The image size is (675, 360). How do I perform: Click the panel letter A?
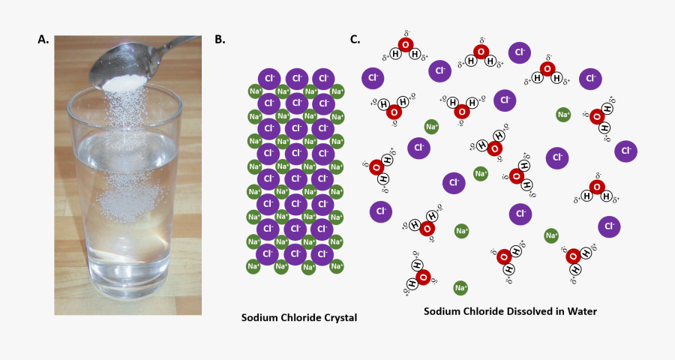click(x=43, y=40)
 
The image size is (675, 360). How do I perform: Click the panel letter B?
click(x=220, y=40)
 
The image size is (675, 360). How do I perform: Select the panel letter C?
click(x=355, y=39)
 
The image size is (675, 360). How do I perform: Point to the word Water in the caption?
click(x=582, y=311)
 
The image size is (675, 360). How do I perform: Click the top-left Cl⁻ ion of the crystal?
click(x=268, y=78)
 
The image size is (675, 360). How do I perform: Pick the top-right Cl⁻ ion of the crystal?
click(x=322, y=78)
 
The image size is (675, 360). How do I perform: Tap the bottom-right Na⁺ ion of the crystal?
click(x=337, y=266)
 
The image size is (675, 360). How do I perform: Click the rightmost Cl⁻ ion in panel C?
click(x=626, y=151)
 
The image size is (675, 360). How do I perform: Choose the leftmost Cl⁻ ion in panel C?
click(x=373, y=78)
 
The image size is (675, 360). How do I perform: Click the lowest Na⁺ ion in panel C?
click(x=460, y=288)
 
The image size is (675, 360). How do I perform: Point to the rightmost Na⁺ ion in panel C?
click(x=563, y=115)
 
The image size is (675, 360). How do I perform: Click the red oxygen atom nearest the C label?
click(x=406, y=46)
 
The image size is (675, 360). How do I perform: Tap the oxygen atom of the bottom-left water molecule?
click(x=423, y=278)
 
